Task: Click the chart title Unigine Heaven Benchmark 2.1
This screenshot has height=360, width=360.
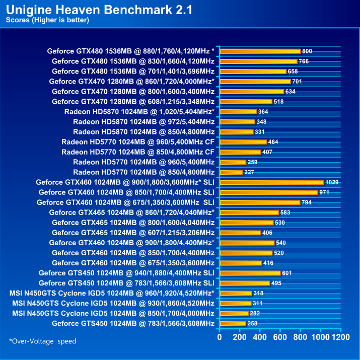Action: (100, 10)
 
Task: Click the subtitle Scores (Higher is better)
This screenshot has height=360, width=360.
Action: (47, 20)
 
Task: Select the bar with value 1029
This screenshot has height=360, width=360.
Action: (271, 182)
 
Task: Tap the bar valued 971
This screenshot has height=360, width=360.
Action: (269, 192)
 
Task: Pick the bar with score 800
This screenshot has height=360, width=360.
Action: (260, 51)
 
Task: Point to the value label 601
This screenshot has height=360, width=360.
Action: (287, 273)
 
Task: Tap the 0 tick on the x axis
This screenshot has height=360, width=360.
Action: (220, 336)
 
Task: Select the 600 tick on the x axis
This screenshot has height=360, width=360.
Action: (280, 336)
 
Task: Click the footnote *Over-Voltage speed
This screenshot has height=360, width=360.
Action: (43, 341)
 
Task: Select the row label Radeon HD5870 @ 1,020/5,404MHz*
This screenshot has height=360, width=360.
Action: (139, 112)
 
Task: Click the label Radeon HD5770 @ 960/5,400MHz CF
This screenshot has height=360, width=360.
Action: (138, 142)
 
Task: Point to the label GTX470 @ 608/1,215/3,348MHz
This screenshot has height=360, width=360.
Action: (133, 102)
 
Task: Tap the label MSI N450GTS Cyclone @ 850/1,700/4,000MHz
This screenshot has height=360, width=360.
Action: (113, 313)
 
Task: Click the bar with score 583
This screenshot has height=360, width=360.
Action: (249, 212)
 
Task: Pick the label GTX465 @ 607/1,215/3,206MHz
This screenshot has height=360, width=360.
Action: (133, 233)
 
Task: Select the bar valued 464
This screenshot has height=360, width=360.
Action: (243, 142)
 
